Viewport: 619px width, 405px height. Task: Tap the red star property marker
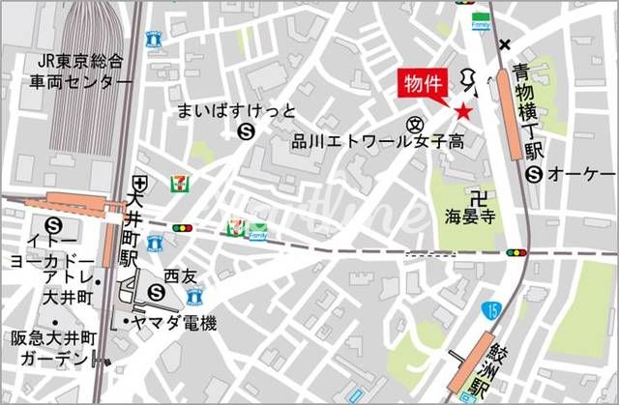click(x=463, y=112)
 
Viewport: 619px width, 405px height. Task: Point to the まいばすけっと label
click(x=236, y=110)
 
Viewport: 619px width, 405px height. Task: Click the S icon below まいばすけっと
click(x=247, y=130)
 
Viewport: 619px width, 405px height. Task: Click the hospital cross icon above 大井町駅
click(x=142, y=181)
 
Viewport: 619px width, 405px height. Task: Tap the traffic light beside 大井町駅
click(x=181, y=227)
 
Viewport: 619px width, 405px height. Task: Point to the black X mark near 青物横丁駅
click(x=505, y=44)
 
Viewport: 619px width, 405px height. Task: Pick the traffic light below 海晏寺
click(x=516, y=252)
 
